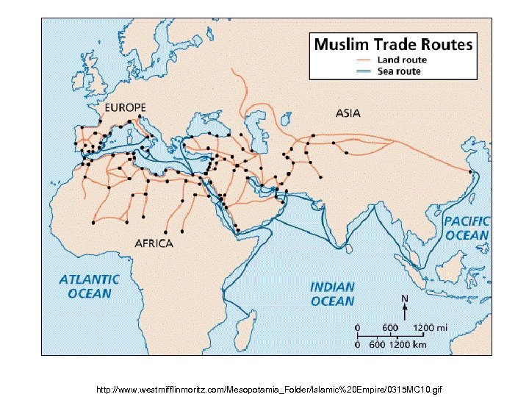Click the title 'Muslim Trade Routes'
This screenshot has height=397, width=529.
393,44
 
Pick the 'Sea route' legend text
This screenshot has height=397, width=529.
399,71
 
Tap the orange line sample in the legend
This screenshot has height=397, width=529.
364,60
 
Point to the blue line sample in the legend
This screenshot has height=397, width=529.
364,71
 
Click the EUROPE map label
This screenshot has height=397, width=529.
125,107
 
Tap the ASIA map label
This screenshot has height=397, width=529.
348,113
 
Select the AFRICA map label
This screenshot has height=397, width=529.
154,243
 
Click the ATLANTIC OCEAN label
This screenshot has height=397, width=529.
90,286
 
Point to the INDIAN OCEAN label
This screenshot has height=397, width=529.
332,293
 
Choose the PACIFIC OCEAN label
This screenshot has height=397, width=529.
467,228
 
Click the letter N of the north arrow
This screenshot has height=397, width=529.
403,298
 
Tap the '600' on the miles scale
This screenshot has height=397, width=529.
389,326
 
